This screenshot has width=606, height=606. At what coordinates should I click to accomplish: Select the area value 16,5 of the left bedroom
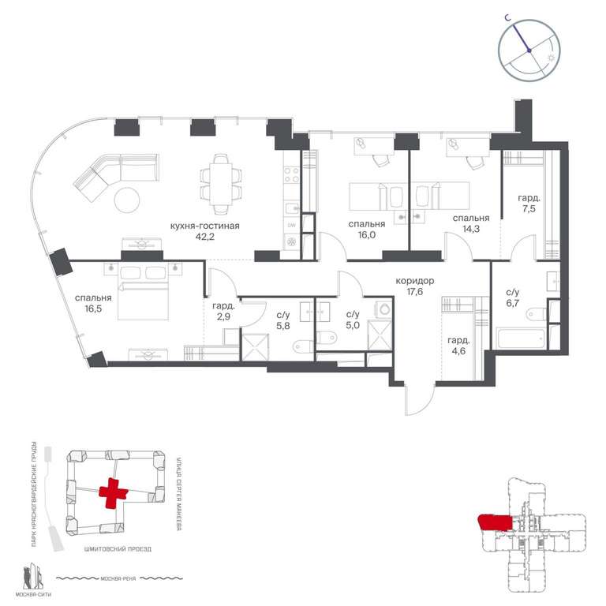(93, 310)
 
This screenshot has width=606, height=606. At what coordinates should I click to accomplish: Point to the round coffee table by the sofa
(129, 200)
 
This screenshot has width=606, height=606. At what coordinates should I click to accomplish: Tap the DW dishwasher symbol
(290, 226)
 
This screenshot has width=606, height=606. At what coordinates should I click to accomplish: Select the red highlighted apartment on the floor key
(495, 522)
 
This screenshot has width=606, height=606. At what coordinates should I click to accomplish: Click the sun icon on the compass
(551, 56)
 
